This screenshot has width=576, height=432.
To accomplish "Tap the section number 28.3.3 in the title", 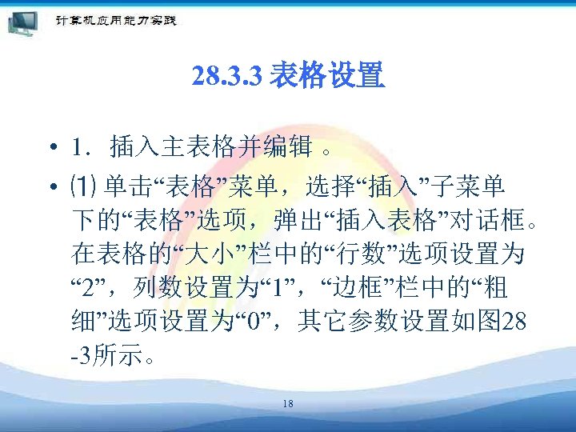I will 228,78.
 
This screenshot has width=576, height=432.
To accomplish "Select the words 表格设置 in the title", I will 328,78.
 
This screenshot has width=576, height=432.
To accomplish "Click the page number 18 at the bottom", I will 288,404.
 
